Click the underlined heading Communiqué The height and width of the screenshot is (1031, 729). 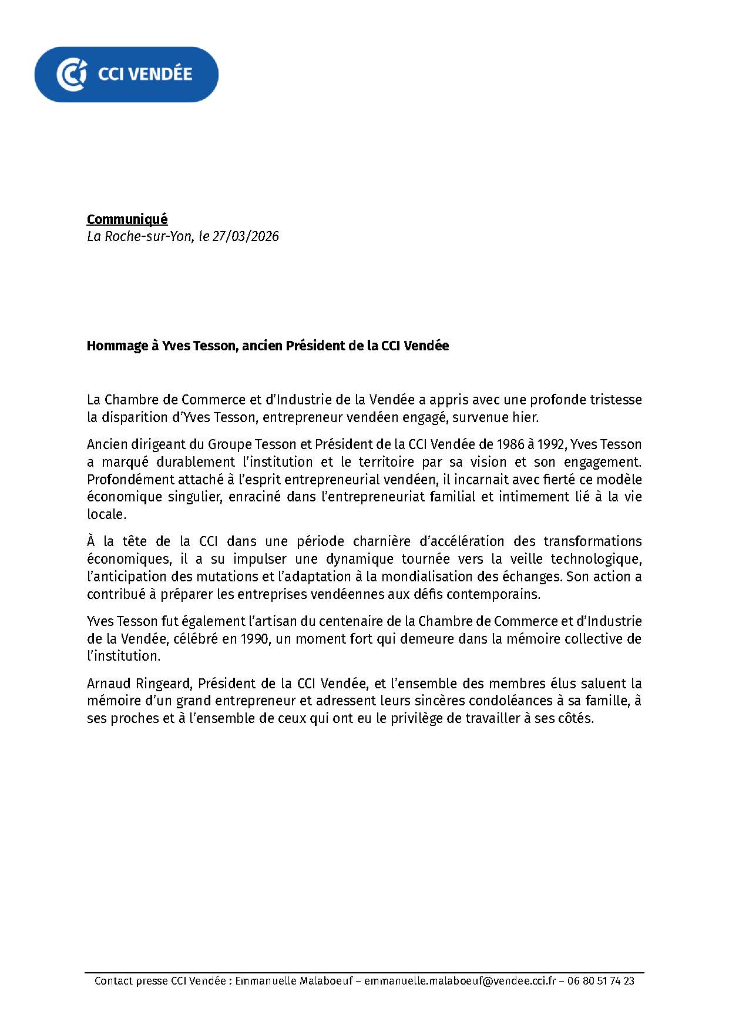click(127, 219)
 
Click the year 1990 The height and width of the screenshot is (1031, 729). click(254, 638)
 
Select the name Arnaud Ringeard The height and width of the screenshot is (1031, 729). click(139, 684)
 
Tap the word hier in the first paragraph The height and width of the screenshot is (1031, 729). click(527, 417)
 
